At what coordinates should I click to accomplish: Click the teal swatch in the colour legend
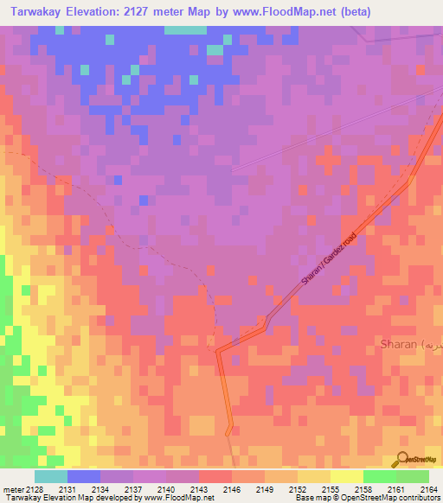(51, 476)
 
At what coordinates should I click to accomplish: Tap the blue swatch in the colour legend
(84, 476)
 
